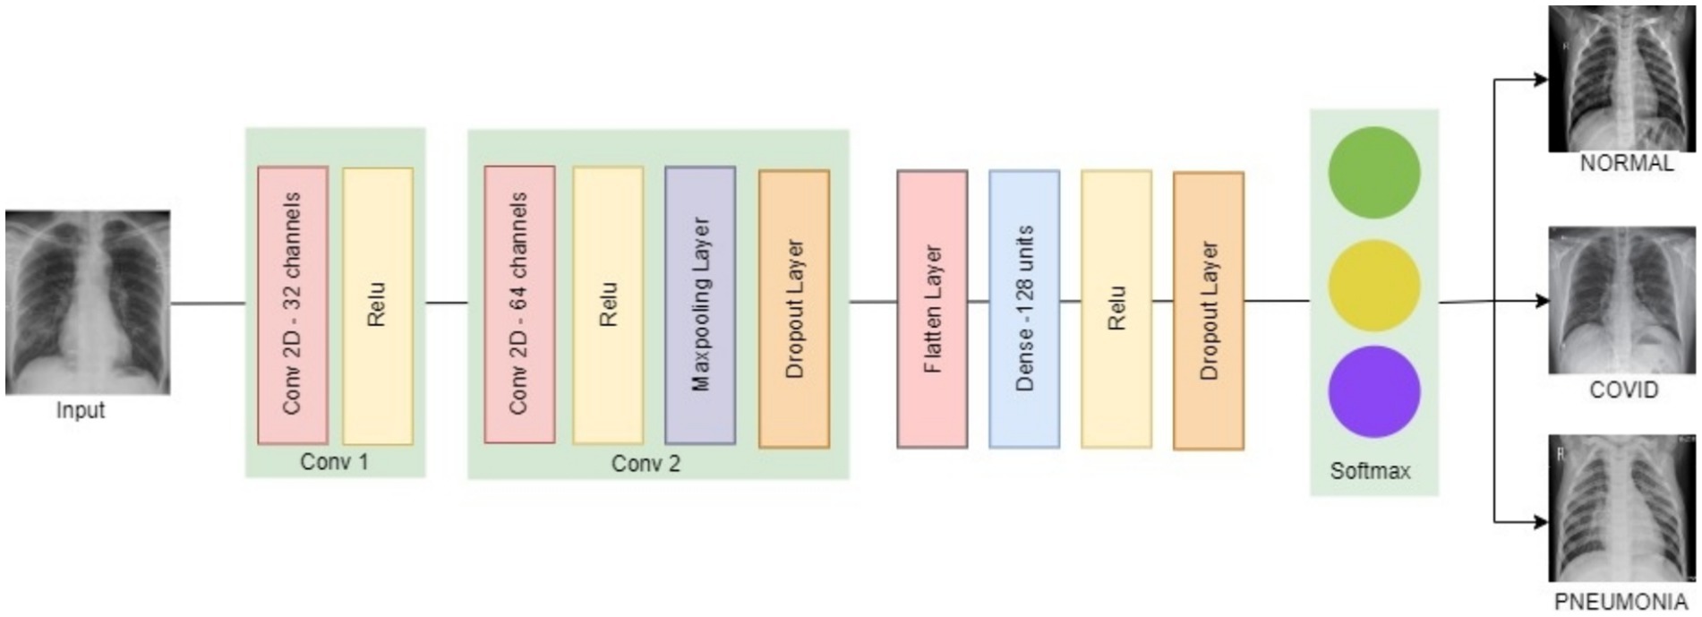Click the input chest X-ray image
click(x=87, y=302)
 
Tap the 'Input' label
click(x=81, y=410)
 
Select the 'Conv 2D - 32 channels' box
click(x=293, y=304)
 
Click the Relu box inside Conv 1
click(x=378, y=304)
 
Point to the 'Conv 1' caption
click(x=334, y=462)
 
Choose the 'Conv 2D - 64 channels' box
click(x=519, y=304)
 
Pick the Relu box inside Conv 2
click(x=608, y=304)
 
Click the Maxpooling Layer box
click(x=700, y=304)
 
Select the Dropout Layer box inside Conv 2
click(x=794, y=308)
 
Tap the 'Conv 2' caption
click(x=646, y=464)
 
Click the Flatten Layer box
click(x=932, y=309)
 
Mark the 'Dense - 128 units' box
click(x=1024, y=309)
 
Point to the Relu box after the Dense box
click(x=1116, y=309)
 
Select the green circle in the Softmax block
click(x=1373, y=172)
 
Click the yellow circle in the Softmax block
click(x=1373, y=285)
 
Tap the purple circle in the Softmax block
click(x=1373, y=392)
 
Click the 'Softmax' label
click(x=1370, y=471)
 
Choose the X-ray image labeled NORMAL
click(x=1622, y=78)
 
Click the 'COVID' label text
click(x=1623, y=390)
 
